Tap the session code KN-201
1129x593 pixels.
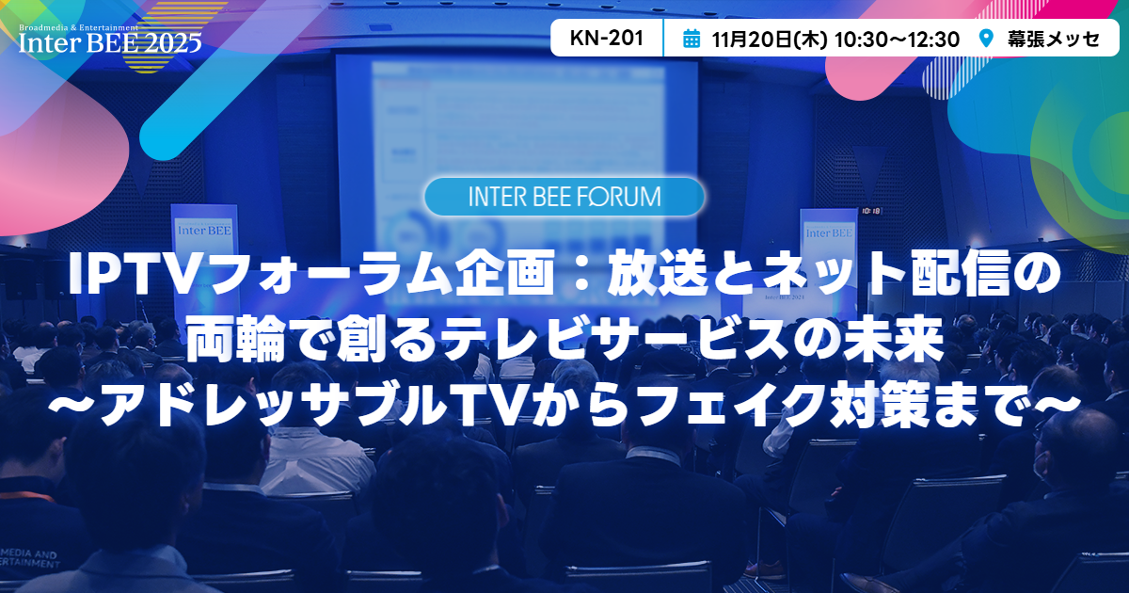[607, 39]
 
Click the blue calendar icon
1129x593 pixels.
[692, 39]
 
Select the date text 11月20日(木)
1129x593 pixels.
[770, 39]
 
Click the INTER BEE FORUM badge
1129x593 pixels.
[564, 197]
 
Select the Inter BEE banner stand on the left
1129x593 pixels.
[196, 235]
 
